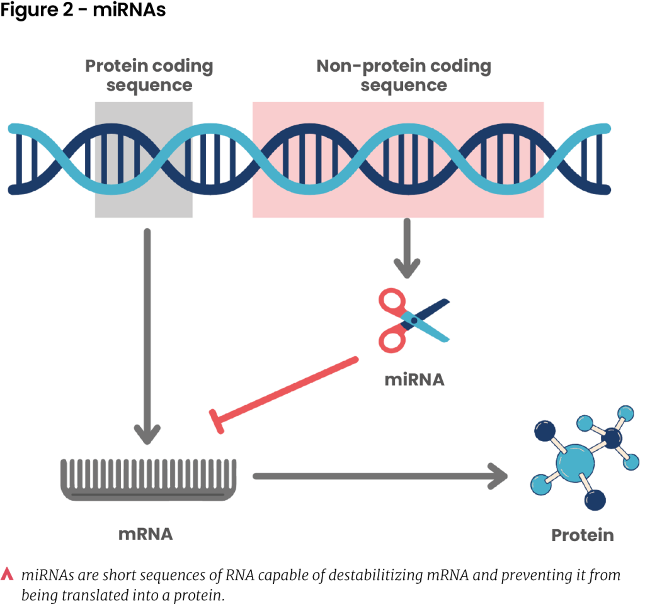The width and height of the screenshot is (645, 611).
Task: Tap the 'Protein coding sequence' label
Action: pyautogui.click(x=149, y=75)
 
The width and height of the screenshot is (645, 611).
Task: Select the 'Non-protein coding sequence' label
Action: pyautogui.click(x=404, y=75)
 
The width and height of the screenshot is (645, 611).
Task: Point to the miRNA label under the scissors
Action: pyautogui.click(x=414, y=379)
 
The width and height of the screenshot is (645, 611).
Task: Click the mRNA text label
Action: pyautogui.click(x=146, y=534)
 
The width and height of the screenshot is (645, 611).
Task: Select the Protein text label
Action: pyautogui.click(x=583, y=535)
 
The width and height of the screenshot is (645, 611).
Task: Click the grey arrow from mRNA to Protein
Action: pyautogui.click(x=378, y=476)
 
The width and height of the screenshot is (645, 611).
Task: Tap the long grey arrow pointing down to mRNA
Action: pyautogui.click(x=147, y=334)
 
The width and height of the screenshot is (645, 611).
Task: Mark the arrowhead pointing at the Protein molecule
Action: pyautogui.click(x=499, y=476)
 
